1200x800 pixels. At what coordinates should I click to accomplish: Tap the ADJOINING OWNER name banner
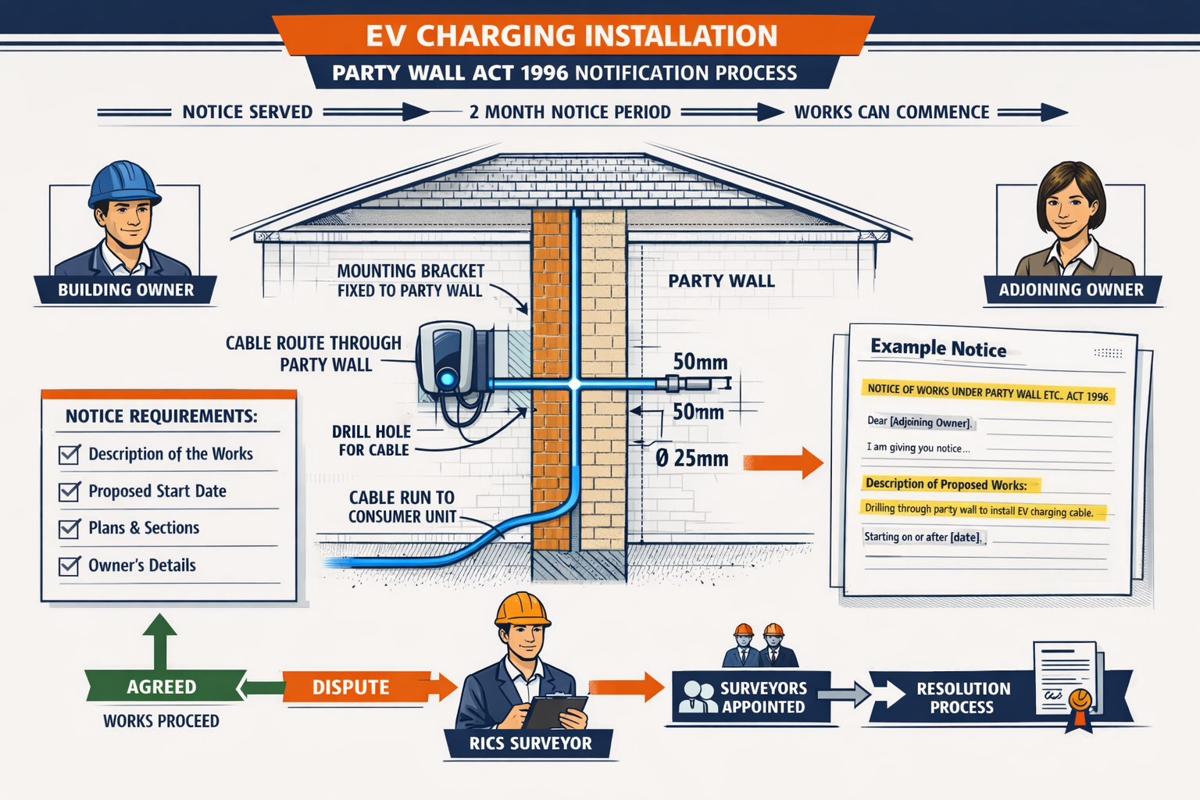(1070, 290)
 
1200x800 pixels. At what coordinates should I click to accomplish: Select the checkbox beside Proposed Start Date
(70, 491)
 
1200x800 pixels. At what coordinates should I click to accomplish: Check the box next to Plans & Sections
(70, 528)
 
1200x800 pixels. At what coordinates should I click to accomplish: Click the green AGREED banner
(162, 687)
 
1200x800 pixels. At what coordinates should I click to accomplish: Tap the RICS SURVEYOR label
(530, 743)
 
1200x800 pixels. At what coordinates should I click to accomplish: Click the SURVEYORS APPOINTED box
(751, 697)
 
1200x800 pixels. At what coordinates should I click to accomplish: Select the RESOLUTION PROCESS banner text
(962, 698)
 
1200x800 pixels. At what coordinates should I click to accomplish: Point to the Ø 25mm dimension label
(692, 459)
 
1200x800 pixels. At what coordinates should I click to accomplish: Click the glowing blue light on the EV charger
(447, 379)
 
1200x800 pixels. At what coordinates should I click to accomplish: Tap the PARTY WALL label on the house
(721, 281)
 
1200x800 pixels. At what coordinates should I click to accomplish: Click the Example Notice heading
(938, 348)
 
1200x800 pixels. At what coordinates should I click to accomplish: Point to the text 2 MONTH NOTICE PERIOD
(570, 112)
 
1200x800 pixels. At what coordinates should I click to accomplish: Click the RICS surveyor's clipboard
(555, 710)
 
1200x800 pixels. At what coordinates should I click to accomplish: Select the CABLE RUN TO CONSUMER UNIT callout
(402, 507)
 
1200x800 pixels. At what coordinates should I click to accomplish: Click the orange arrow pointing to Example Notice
(783, 462)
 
